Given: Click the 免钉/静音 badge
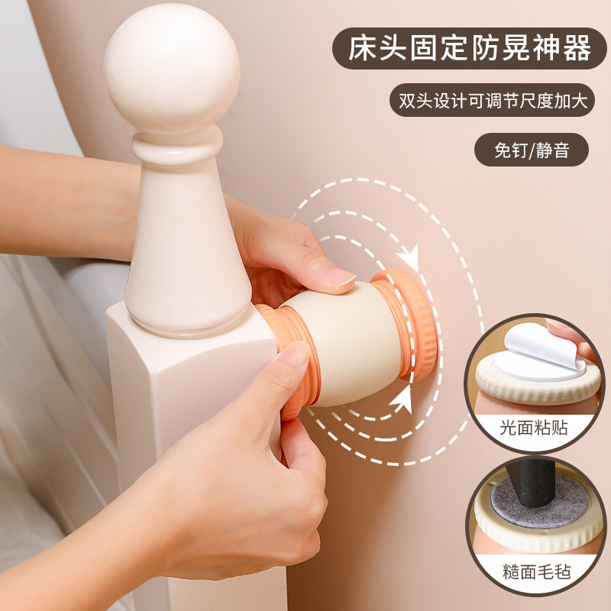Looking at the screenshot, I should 532,150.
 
